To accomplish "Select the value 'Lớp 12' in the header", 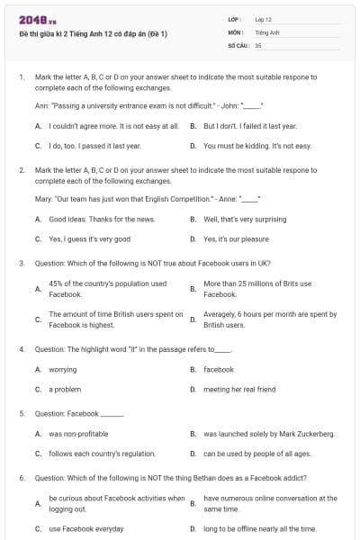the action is coord(263,18).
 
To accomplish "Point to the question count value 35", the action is coord(258,44).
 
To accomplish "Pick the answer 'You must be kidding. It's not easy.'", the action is coord(256,145).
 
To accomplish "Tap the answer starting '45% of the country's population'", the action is coord(107,289).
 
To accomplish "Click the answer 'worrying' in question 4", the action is coord(62,369).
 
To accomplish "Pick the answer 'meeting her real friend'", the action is coord(239,389).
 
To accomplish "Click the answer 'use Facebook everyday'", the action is coord(85,528).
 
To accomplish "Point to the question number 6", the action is coord(22,478).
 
